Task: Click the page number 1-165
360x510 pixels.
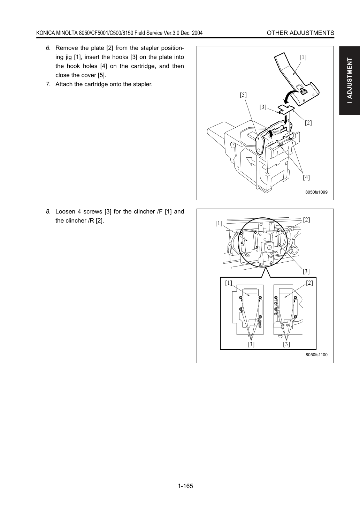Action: pyautogui.click(x=185, y=486)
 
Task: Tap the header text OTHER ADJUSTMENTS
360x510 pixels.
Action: pyautogui.click(x=300, y=33)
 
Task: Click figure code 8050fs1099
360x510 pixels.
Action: pyautogui.click(x=316, y=192)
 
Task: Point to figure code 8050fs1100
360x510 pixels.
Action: pyautogui.click(x=316, y=354)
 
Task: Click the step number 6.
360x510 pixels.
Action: pyautogui.click(x=48, y=48)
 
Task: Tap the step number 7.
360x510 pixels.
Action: pyautogui.click(x=48, y=84)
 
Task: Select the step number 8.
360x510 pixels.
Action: pyautogui.click(x=48, y=211)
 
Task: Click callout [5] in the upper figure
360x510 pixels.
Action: pyautogui.click(x=243, y=95)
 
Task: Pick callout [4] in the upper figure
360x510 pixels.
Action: pyautogui.click(x=306, y=177)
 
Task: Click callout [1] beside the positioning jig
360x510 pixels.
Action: pyautogui.click(x=303, y=57)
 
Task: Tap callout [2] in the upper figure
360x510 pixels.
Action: pyautogui.click(x=308, y=123)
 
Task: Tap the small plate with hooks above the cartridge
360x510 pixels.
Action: pyautogui.click(x=286, y=109)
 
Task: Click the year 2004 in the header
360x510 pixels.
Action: pyautogui.click(x=197, y=33)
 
